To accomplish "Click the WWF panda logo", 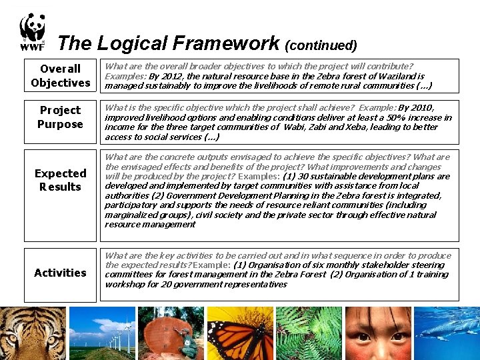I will (x=32, y=32).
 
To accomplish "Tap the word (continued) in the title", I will (x=321, y=45).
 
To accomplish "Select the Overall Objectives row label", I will (x=60, y=76).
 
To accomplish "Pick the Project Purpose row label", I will (x=60, y=117).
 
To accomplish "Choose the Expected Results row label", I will (x=60, y=180).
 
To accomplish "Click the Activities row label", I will (x=60, y=273).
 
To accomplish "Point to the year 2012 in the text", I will (x=170, y=77).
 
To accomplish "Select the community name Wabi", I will (x=295, y=127).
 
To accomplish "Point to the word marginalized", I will (x=131, y=215).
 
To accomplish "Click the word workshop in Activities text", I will (x=127, y=284).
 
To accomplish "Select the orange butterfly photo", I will (x=239, y=333).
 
